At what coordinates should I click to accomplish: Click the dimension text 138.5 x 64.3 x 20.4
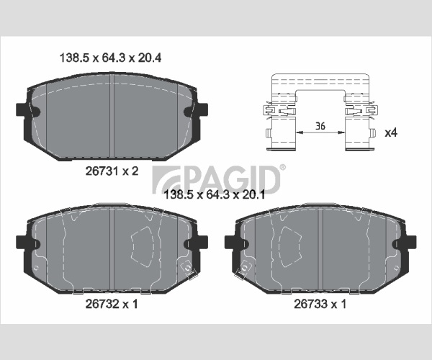click(110, 58)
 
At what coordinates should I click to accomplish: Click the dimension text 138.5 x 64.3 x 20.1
click(215, 194)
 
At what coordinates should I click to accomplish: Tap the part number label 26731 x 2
click(112, 171)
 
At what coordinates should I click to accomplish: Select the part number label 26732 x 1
click(112, 304)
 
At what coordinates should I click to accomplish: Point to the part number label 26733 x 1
click(320, 304)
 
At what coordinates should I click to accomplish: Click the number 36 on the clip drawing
click(320, 126)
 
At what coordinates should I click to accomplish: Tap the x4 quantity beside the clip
click(391, 133)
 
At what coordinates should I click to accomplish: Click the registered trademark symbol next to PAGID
click(283, 168)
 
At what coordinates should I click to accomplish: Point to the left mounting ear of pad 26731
click(22, 109)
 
